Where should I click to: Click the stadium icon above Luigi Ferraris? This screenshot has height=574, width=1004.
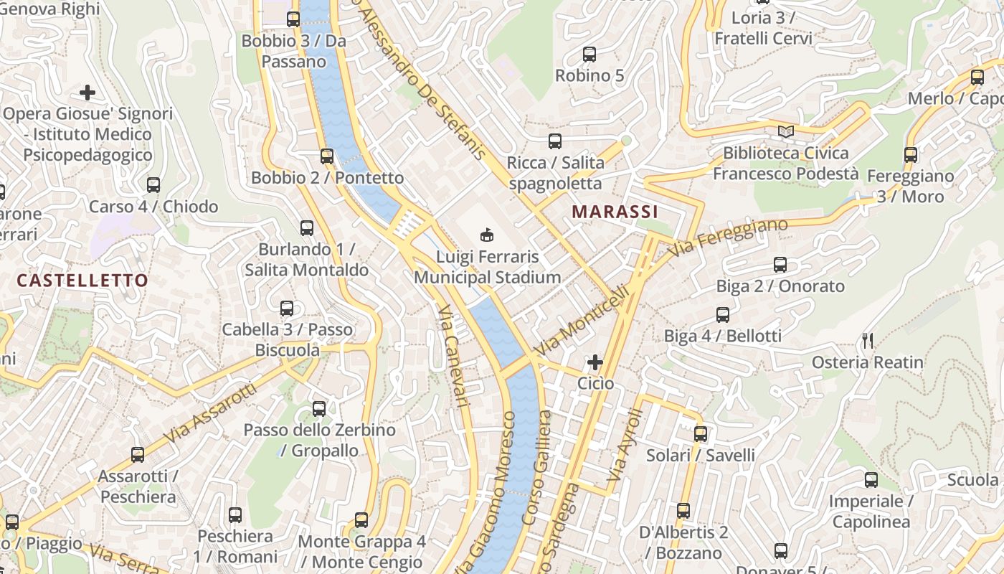tap(487, 235)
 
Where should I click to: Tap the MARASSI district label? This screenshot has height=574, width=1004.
tap(615, 212)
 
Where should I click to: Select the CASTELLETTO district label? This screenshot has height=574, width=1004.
tap(82, 281)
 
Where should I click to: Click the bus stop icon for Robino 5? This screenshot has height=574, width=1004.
tap(589, 54)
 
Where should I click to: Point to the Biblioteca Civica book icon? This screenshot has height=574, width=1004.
tap(786, 131)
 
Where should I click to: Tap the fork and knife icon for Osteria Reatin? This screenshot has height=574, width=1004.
tap(868, 341)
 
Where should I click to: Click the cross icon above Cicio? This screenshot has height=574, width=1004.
tap(595, 362)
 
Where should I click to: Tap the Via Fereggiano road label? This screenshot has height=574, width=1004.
tap(728, 237)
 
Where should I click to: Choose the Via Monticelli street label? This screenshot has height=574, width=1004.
tap(582, 321)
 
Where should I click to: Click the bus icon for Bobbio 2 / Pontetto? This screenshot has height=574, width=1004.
tap(327, 156)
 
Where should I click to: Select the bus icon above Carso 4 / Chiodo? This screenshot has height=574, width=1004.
tap(153, 185)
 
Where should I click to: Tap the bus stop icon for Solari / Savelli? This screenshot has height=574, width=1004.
tap(701, 434)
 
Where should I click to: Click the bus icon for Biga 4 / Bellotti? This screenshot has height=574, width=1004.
tap(723, 314)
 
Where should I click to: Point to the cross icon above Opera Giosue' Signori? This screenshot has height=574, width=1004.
tap(87, 93)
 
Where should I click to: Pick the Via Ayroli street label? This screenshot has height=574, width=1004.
tap(622, 445)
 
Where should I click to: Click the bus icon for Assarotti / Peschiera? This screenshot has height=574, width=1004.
tap(138, 454)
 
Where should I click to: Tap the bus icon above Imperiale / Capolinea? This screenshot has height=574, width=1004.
tap(871, 480)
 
